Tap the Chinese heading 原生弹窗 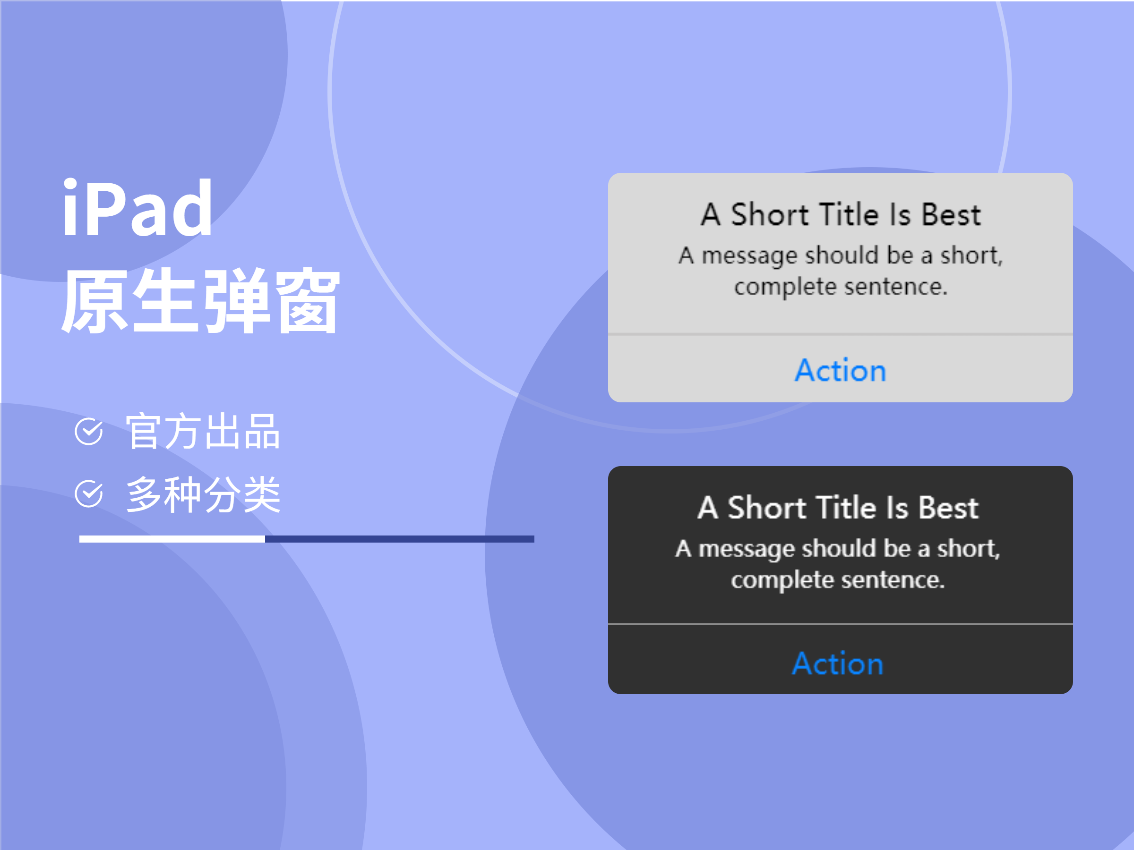[200, 300]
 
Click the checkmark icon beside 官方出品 [89, 432]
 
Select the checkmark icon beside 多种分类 [89, 494]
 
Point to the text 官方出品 [203, 432]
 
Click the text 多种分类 [203, 494]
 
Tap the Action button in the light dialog [840, 370]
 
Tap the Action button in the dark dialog [838, 663]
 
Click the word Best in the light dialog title [952, 214]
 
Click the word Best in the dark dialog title [948, 508]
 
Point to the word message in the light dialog [749, 256]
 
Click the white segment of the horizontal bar [172, 539]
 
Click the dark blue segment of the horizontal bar [400, 539]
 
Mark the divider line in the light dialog [840, 334]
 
